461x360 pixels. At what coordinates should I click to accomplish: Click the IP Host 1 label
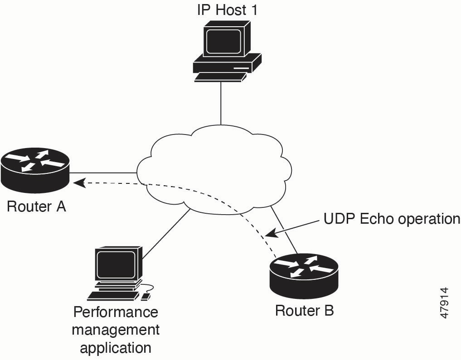[x=227, y=10]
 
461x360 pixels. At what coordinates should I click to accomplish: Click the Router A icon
[x=35, y=170]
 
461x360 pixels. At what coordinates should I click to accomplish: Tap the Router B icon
[x=304, y=276]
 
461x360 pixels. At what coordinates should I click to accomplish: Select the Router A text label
[x=36, y=206]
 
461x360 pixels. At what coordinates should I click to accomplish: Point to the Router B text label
[x=304, y=311]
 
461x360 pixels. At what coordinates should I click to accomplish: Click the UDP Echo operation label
[x=392, y=219]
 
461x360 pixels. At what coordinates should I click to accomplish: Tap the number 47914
[x=444, y=303]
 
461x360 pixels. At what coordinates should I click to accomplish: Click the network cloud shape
[x=214, y=169]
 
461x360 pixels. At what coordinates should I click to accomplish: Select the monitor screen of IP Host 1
[x=223, y=41]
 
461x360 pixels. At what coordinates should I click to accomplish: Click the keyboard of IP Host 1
[x=220, y=77]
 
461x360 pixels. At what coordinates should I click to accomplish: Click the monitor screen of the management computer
[x=116, y=265]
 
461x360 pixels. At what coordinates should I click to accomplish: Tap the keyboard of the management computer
[x=113, y=296]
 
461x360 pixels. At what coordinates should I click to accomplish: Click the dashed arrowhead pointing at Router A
[x=79, y=183]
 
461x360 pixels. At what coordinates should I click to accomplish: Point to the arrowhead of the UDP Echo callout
[x=271, y=234]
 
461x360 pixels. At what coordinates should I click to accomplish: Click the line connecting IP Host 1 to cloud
[x=220, y=103]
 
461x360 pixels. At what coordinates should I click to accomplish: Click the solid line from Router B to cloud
[x=284, y=230]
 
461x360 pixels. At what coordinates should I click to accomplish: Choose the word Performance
[x=116, y=312]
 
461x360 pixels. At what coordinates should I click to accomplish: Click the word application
[x=116, y=348]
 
